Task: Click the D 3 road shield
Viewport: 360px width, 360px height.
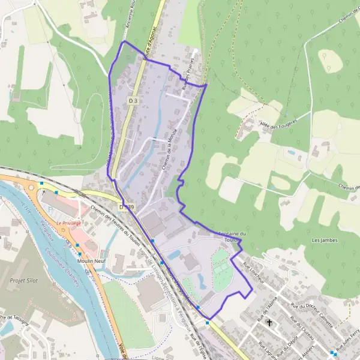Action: (133, 101)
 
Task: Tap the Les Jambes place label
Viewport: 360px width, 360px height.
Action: (325, 240)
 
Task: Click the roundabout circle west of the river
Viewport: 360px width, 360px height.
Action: (30, 188)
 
